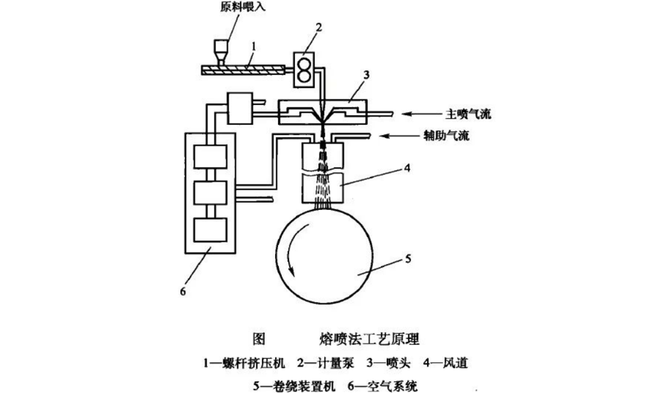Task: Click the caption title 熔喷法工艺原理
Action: coord(371,339)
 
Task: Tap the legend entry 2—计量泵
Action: coord(331,362)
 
